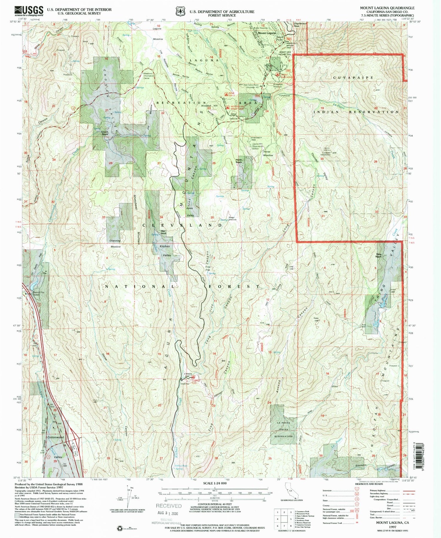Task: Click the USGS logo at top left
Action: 29,11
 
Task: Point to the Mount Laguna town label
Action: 267,33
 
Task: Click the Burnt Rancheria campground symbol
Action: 277,75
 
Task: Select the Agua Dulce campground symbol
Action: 226,95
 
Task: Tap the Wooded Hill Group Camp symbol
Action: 227,108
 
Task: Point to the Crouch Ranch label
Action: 105,133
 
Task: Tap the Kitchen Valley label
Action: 165,250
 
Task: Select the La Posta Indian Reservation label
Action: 283,429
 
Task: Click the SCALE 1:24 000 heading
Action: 215,483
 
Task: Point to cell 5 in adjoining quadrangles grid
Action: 291,519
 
